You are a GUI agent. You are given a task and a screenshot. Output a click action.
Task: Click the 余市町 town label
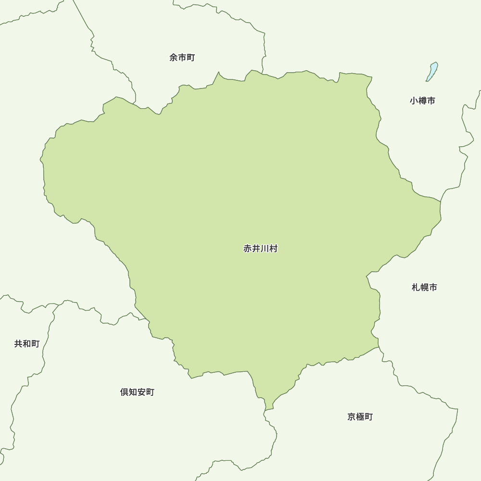coord(182,58)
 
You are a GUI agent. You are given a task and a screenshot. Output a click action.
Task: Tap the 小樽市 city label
coord(422,101)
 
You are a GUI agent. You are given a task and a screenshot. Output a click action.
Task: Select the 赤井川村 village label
coord(260,249)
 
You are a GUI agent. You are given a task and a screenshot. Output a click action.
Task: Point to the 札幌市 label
coord(424,288)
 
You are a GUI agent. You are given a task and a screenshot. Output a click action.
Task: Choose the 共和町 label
coord(26,344)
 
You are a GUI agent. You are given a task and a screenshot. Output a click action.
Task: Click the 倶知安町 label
coord(137,392)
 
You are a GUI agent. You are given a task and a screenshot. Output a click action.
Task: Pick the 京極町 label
coord(360,417)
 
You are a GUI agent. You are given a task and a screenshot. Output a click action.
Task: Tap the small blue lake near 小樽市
coord(432,72)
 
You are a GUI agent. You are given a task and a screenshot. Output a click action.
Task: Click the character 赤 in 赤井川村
coord(248,249)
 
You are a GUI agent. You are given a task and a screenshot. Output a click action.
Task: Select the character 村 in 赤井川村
coord(273,249)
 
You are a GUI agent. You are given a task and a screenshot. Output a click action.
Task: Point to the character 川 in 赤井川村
coord(265,249)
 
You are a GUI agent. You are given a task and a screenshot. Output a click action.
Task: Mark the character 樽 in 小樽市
coord(422,101)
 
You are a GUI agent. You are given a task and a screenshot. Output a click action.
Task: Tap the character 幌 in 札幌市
coord(424,288)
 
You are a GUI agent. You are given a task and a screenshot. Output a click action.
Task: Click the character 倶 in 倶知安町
coord(125,392)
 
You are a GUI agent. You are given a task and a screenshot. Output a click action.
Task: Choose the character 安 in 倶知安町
coord(141,392)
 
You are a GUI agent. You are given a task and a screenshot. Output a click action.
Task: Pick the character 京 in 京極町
coord(352,417)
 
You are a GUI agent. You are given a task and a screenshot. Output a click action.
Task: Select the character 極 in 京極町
coord(360,417)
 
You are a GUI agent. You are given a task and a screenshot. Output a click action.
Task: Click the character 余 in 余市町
coord(174,58)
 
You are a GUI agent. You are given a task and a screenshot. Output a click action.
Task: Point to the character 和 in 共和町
coord(26,344)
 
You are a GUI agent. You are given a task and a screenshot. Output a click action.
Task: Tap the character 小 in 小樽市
coord(414,101)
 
